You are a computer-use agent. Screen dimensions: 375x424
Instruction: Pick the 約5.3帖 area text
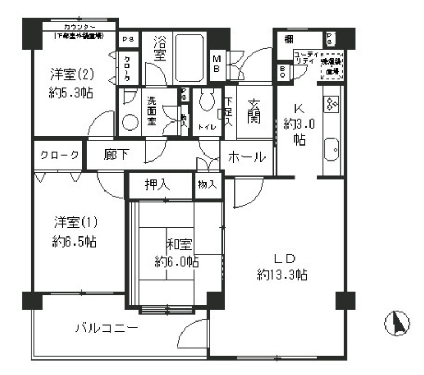(69, 91)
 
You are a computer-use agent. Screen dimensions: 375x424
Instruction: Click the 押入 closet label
(157, 185)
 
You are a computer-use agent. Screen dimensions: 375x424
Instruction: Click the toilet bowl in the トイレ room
(206, 101)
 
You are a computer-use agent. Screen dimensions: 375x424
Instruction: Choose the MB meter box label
(218, 63)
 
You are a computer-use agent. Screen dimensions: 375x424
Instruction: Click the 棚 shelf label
(290, 38)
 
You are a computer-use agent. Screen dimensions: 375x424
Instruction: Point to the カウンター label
(80, 26)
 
